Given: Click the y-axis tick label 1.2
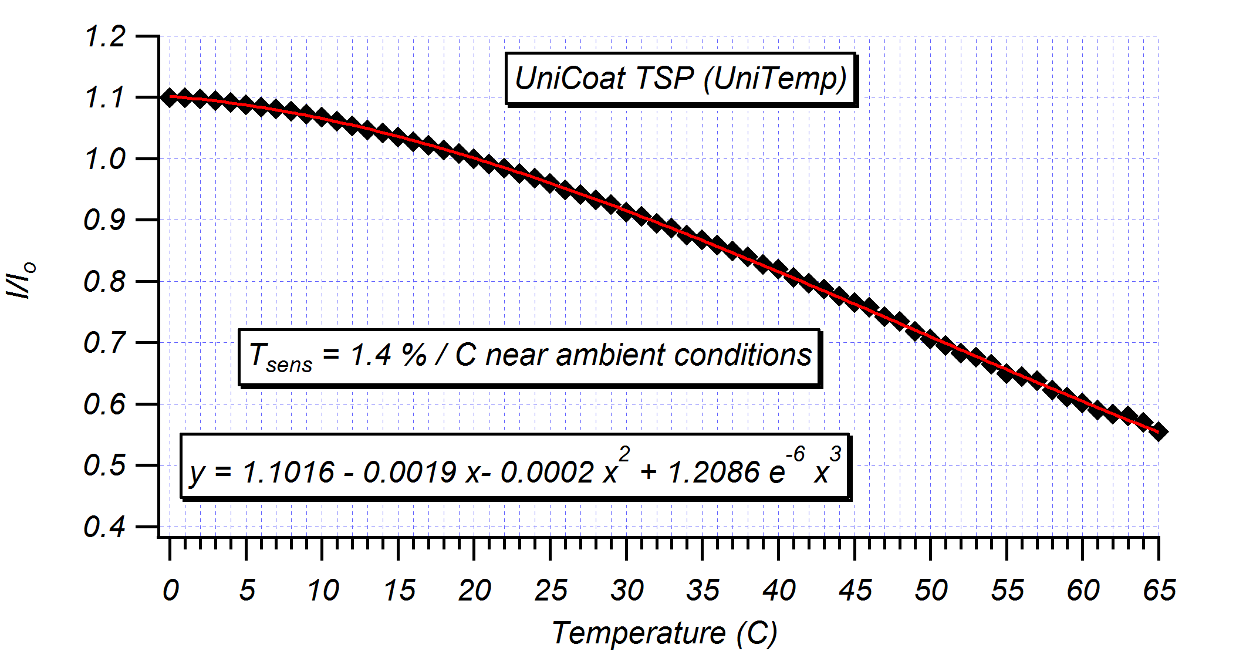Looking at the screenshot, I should [105, 37].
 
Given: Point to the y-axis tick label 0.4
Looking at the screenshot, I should [105, 527].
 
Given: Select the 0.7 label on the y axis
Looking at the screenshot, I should [105, 343].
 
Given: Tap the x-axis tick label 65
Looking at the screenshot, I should [1159, 591].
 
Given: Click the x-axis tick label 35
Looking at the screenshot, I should [703, 591].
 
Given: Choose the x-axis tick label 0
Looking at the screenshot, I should [170, 591].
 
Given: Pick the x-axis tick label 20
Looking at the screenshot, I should [474, 591].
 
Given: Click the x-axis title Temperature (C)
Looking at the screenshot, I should [664, 633].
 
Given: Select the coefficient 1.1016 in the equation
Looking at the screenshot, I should [288, 473].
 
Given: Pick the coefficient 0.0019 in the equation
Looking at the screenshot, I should [410, 473].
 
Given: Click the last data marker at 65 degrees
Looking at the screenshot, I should [1159, 433].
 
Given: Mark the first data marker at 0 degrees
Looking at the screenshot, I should [170, 97].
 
